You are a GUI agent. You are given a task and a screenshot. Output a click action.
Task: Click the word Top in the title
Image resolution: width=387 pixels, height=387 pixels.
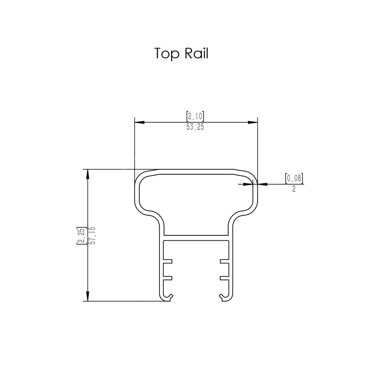click(167, 54)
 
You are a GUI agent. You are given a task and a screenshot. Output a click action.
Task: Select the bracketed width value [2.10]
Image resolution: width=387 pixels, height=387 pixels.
click(195, 116)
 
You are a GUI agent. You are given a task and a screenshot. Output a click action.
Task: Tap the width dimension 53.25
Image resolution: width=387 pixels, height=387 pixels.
click(195, 127)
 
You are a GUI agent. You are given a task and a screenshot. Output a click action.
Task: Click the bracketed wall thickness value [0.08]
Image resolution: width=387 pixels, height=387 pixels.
click(294, 178)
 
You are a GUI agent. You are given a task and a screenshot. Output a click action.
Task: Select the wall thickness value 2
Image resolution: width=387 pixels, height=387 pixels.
click(294, 189)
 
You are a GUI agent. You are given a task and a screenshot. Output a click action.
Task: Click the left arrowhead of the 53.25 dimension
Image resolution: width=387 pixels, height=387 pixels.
click(140, 122)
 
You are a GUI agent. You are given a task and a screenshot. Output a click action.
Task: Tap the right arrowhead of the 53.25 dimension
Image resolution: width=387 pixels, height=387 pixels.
click(253, 122)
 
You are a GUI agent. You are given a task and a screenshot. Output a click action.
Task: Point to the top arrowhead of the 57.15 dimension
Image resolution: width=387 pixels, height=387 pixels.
click(88, 174)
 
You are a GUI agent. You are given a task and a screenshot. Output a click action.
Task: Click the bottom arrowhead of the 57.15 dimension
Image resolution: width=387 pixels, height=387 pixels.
click(88, 296)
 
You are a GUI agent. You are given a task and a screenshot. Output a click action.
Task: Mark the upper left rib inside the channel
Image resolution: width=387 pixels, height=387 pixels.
click(168, 261)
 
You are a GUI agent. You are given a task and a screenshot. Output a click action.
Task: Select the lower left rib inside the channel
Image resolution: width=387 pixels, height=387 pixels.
click(168, 278)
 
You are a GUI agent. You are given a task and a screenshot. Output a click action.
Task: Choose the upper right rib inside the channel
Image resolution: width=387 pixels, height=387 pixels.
click(224, 261)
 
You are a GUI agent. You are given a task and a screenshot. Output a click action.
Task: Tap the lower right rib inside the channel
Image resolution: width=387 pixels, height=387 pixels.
click(224, 278)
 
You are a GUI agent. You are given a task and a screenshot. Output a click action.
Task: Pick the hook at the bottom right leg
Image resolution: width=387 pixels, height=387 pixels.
click(223, 297)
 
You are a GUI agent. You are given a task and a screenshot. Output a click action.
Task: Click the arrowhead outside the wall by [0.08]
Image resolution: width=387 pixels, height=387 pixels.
click(262, 184)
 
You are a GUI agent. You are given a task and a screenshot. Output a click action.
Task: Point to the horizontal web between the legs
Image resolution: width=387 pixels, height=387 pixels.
click(196, 238)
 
